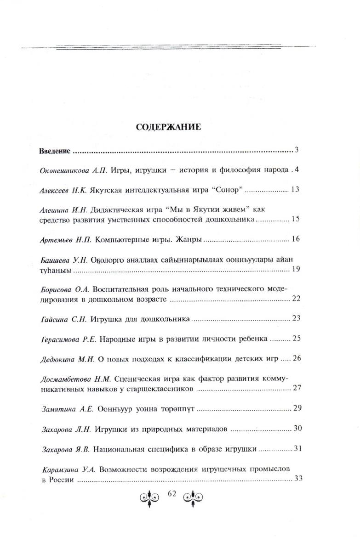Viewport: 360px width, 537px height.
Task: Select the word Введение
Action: [x=54, y=151]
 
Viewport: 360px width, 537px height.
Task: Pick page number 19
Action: [x=295, y=269]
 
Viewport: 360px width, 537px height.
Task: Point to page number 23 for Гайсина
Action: [x=295, y=319]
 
